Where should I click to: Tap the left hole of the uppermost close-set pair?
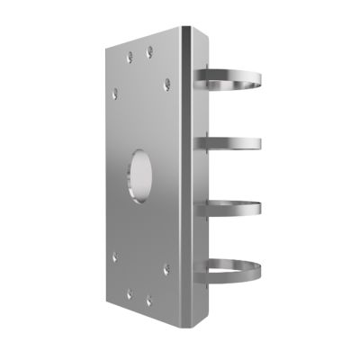tap(129, 54)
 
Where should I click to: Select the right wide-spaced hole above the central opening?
tap(167, 85)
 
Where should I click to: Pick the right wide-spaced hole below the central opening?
tap(166, 267)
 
